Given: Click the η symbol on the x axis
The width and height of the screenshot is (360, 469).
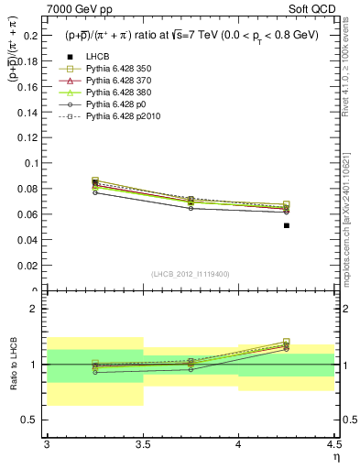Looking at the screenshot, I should (335, 455).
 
